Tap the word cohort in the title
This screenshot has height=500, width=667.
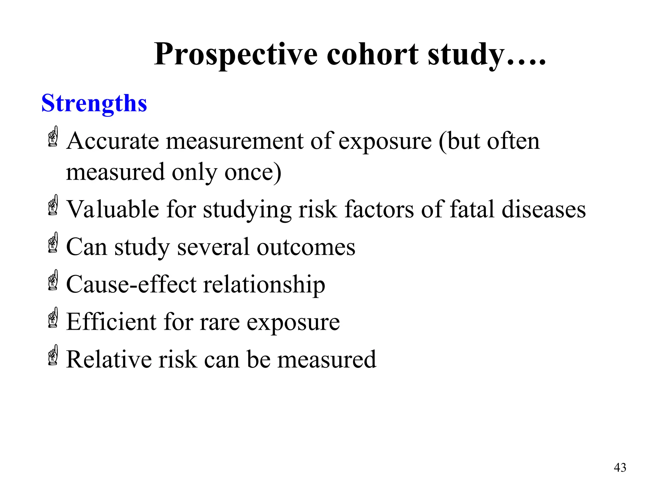point(373,54)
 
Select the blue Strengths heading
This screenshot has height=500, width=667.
point(94,104)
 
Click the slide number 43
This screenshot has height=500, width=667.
point(620,468)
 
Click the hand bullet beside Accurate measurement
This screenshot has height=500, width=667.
point(53,137)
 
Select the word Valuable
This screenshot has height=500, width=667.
point(113,209)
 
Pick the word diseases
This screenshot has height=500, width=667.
point(544,209)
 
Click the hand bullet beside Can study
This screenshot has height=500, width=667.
point(53,243)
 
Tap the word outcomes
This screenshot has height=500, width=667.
point(306,247)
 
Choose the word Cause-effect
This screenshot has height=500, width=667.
point(131,285)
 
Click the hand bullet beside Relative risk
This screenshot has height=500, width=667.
point(53,355)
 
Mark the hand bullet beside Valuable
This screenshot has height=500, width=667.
point(53,205)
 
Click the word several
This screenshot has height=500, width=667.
point(213,247)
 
